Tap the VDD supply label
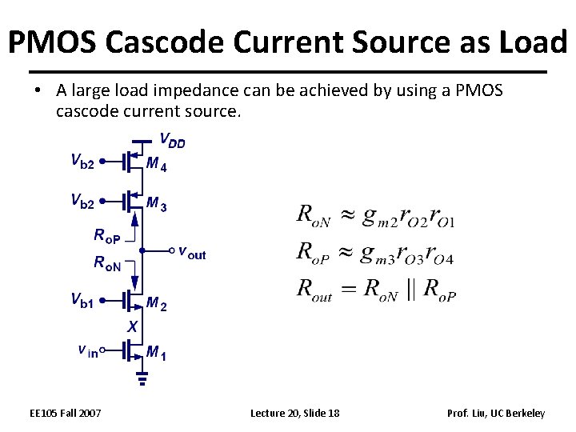pyautogui.click(x=172, y=142)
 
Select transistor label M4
pyautogui.click(x=156, y=165)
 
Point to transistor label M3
pyautogui.click(x=156, y=205)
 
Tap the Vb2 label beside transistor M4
pyautogui.click(x=82, y=162)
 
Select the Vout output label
pyautogui.click(x=192, y=253)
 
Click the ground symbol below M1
pyautogui.click(x=142, y=378)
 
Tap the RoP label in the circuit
pyautogui.click(x=107, y=236)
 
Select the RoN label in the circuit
pyautogui.click(x=107, y=262)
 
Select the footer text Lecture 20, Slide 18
pyautogui.click(x=294, y=413)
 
